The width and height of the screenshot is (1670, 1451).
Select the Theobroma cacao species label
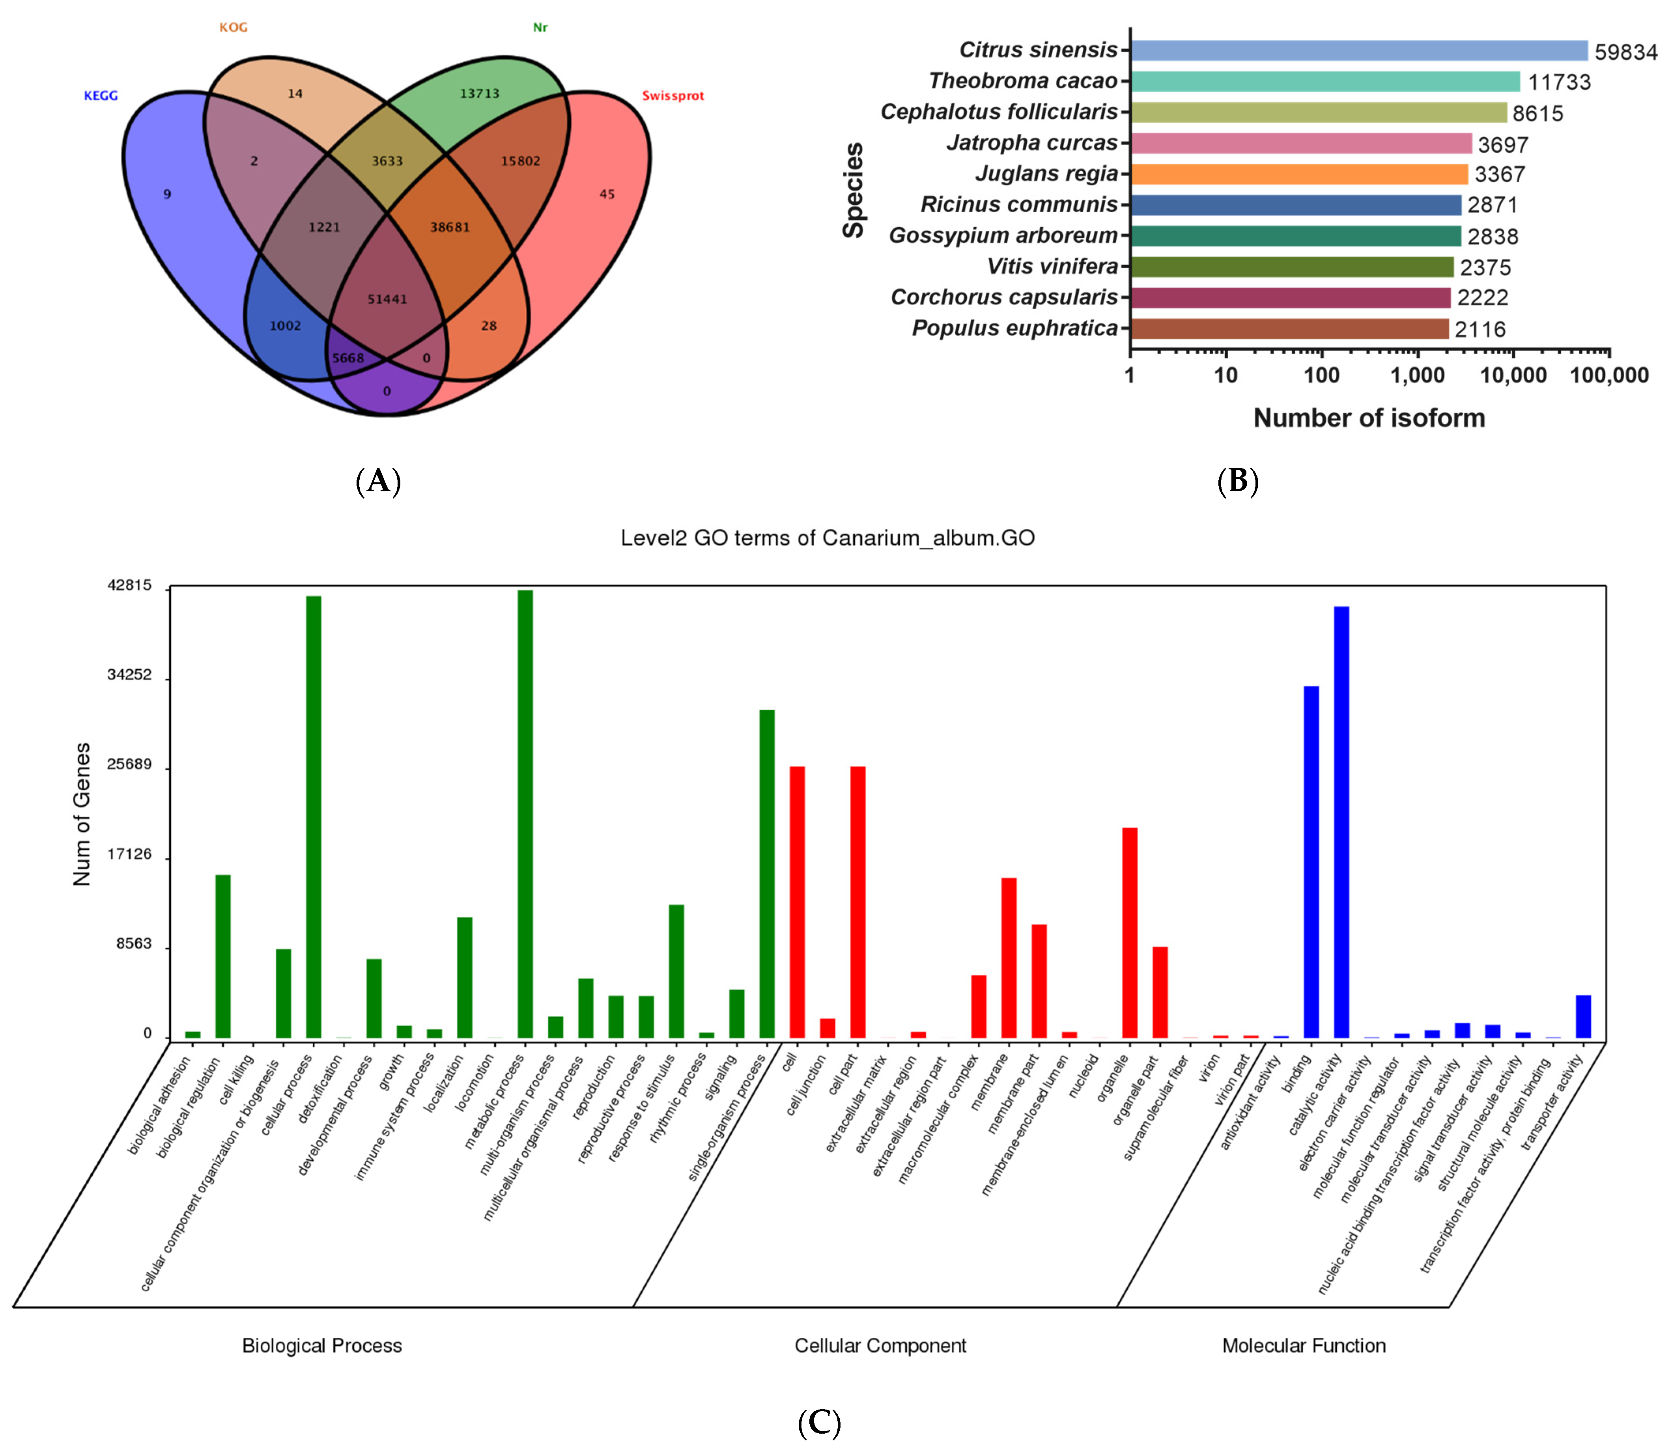pyautogui.click(x=1023, y=81)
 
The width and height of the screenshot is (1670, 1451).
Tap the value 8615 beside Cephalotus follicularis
pyautogui.click(x=1537, y=113)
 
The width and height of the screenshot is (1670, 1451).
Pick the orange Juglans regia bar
pyautogui.click(x=1299, y=174)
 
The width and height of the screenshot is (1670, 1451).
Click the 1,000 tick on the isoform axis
pyautogui.click(x=1417, y=375)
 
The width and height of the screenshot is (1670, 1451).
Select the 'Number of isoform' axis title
pyautogui.click(x=1369, y=418)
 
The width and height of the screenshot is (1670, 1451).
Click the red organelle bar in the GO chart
pyautogui.click(x=1129, y=933)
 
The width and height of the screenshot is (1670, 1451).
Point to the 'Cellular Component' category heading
pyautogui.click(x=880, y=1346)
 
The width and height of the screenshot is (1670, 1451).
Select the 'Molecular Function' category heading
pyautogui.click(x=1303, y=1346)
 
